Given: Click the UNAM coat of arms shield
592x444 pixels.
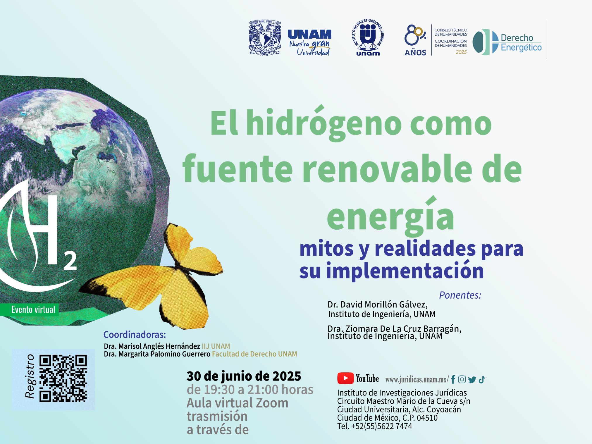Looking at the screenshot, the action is point(265,38).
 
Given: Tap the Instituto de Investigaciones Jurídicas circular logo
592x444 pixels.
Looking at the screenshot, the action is point(368,37).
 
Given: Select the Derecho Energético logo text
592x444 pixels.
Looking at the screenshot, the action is point(521,43).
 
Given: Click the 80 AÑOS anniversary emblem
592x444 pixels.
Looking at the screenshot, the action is point(415,40).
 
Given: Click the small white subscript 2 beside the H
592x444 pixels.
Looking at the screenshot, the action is point(70,261).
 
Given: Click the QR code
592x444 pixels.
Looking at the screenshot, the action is point(63,378).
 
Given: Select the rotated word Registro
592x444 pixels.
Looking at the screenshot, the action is point(30,376).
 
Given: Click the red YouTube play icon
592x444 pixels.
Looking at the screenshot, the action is point(345,378).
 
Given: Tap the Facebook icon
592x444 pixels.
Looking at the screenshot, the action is point(453,379).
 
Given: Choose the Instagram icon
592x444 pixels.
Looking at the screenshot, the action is point(462,379).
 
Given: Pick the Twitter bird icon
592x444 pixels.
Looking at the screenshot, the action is point(472,380).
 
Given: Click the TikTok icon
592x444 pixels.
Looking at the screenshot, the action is point(482,379).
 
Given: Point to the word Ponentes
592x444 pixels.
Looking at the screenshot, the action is point(460,295).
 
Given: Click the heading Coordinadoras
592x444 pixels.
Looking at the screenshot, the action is point(135,334).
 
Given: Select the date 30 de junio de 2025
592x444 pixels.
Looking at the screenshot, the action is point(244,376).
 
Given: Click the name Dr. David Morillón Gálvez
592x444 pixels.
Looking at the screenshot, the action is point(377,304).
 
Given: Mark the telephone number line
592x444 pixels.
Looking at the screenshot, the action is point(375,426).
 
